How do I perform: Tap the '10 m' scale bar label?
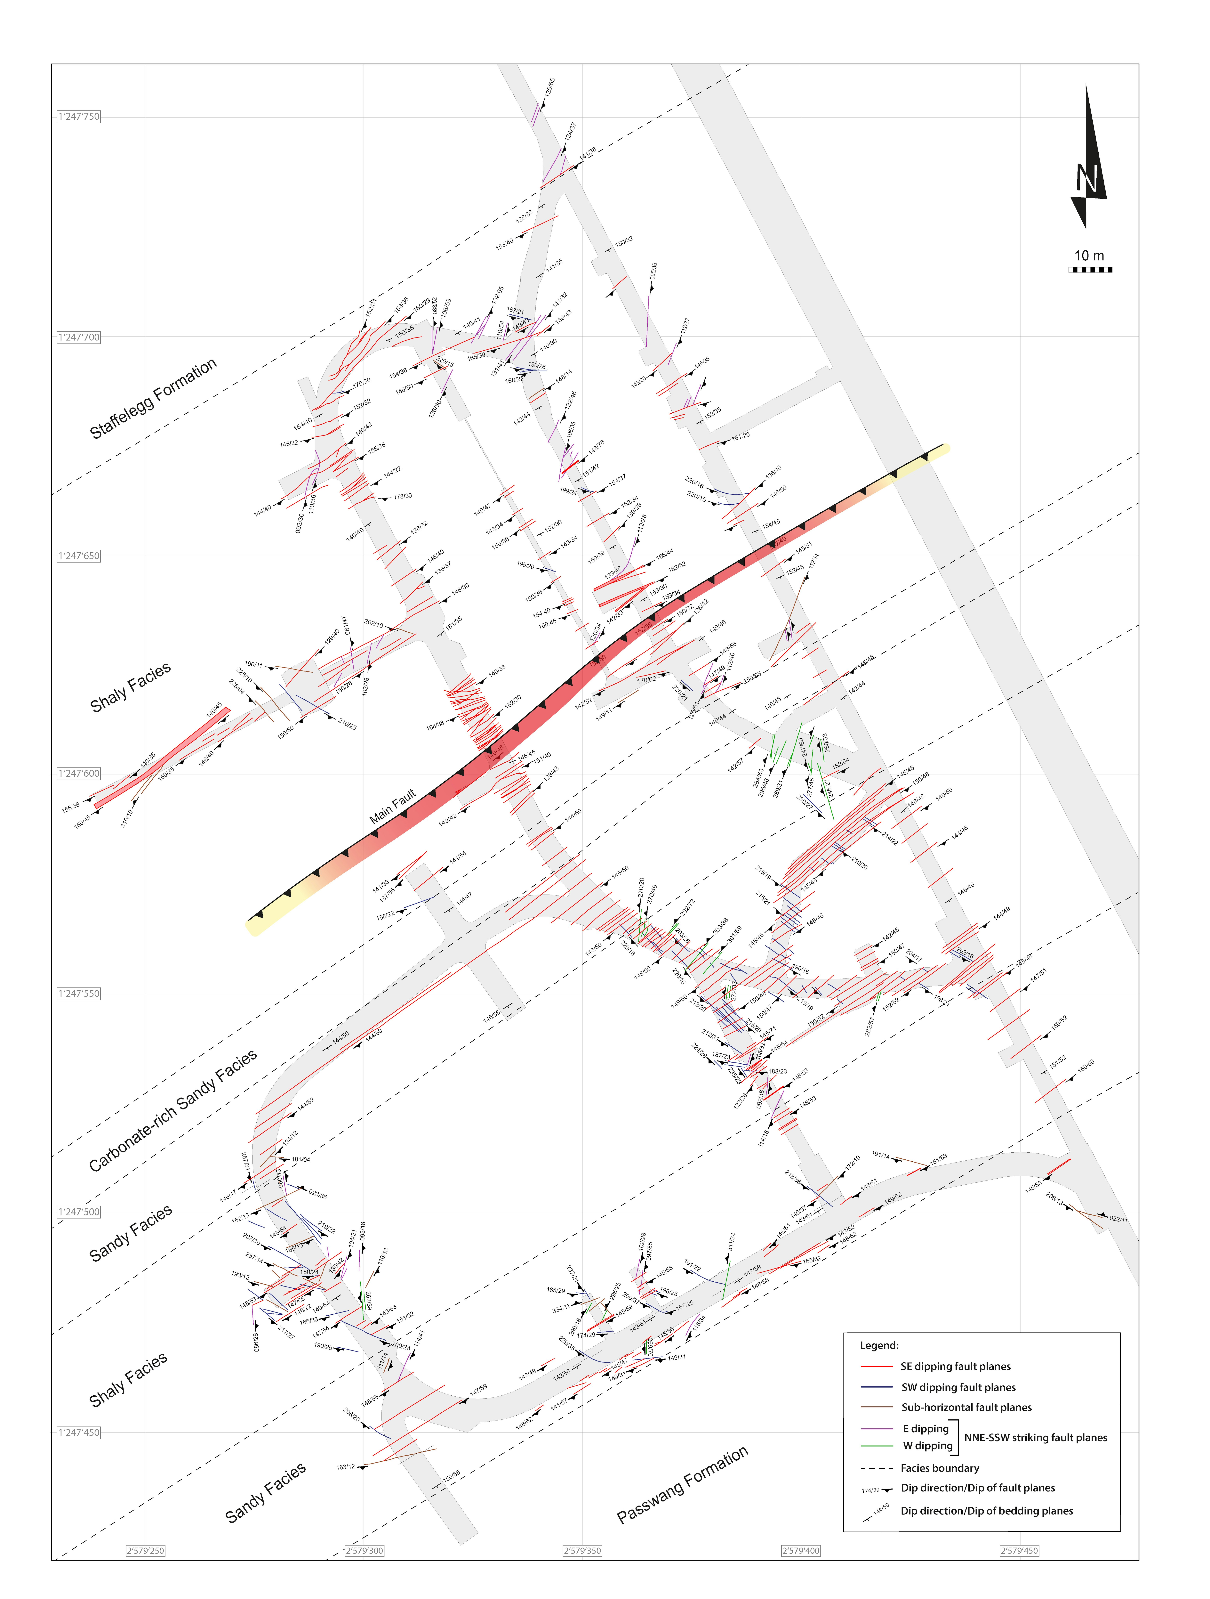(1089, 256)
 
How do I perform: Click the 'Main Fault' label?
(392, 807)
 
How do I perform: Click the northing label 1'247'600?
(79, 774)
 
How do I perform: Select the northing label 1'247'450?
(79, 1432)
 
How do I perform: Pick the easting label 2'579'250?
(145, 1551)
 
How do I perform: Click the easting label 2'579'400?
(801, 1551)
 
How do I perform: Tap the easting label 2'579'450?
(1019, 1551)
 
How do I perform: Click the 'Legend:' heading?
(879, 1345)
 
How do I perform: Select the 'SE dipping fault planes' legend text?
(955, 1366)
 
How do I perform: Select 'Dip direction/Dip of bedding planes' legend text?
(986, 1511)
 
